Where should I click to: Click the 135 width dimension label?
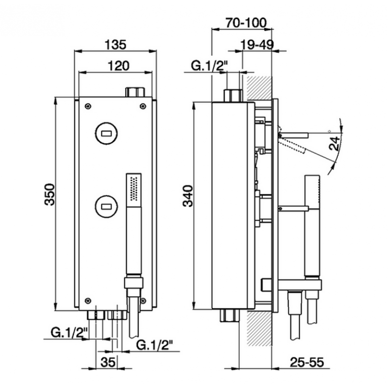click(115, 45)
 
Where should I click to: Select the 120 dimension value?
click(118, 66)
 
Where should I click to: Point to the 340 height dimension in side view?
click(188, 196)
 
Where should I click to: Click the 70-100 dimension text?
click(246, 23)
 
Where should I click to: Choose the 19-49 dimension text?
click(257, 45)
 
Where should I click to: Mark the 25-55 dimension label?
click(307, 362)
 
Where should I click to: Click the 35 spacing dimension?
click(108, 362)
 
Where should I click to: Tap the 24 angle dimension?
click(334, 143)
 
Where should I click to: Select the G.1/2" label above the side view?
click(209, 66)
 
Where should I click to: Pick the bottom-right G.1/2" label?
click(155, 344)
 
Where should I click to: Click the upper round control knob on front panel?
click(106, 133)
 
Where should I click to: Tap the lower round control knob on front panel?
click(106, 206)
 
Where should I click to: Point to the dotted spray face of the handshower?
click(134, 189)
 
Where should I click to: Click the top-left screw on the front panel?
click(88, 106)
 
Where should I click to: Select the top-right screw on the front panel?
click(143, 106)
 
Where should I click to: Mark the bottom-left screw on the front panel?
click(88, 301)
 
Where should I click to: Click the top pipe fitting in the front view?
click(135, 92)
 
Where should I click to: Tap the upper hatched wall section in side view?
click(259, 88)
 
